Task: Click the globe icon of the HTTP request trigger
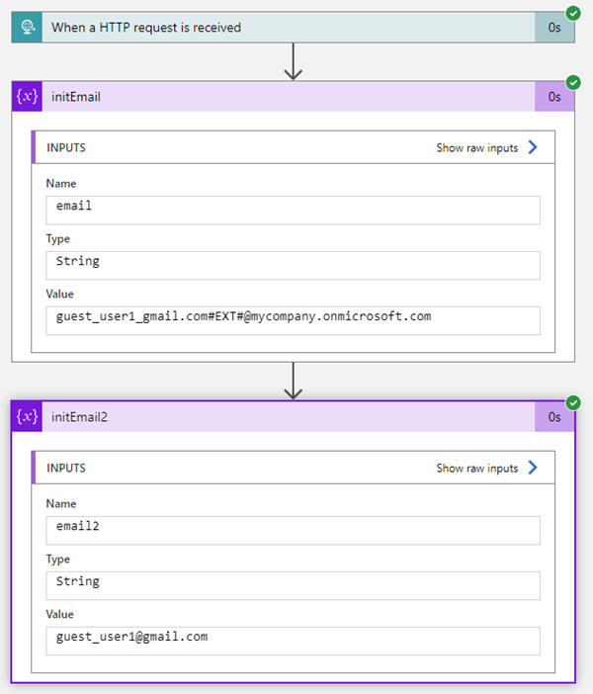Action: click(x=28, y=28)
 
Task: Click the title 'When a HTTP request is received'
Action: click(x=146, y=28)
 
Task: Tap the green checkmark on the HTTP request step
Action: click(x=573, y=13)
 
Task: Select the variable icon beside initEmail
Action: click(x=27, y=96)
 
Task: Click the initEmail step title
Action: click(x=76, y=97)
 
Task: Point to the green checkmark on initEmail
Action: click(x=573, y=82)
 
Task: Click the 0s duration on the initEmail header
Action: click(x=554, y=97)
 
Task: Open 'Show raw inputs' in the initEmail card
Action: click(x=487, y=147)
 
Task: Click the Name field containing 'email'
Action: click(x=293, y=211)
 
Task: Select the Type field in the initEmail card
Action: click(x=293, y=266)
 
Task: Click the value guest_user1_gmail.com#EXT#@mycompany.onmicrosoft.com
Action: click(x=243, y=316)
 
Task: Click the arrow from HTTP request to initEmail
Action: click(x=293, y=61)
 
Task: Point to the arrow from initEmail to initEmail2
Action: click(x=293, y=381)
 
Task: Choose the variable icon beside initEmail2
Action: click(x=27, y=416)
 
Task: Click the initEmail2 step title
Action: click(x=79, y=417)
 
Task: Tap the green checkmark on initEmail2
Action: click(x=573, y=402)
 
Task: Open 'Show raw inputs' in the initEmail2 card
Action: click(x=487, y=468)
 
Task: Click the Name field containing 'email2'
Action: click(x=293, y=531)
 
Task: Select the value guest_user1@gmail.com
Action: click(x=131, y=637)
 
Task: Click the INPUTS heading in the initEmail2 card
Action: click(x=66, y=468)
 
